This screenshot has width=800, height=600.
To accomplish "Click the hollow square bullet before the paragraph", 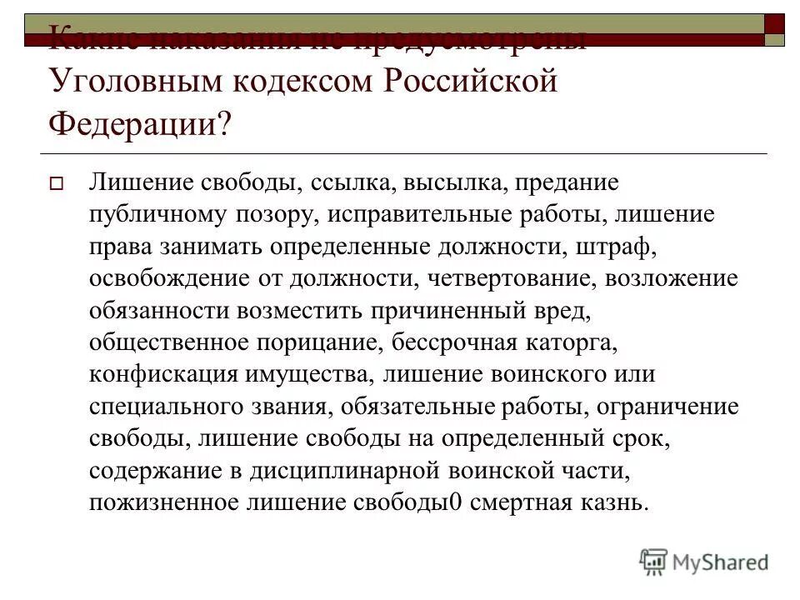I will pos(57,185).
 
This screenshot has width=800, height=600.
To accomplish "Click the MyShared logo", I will pos(703,562).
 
